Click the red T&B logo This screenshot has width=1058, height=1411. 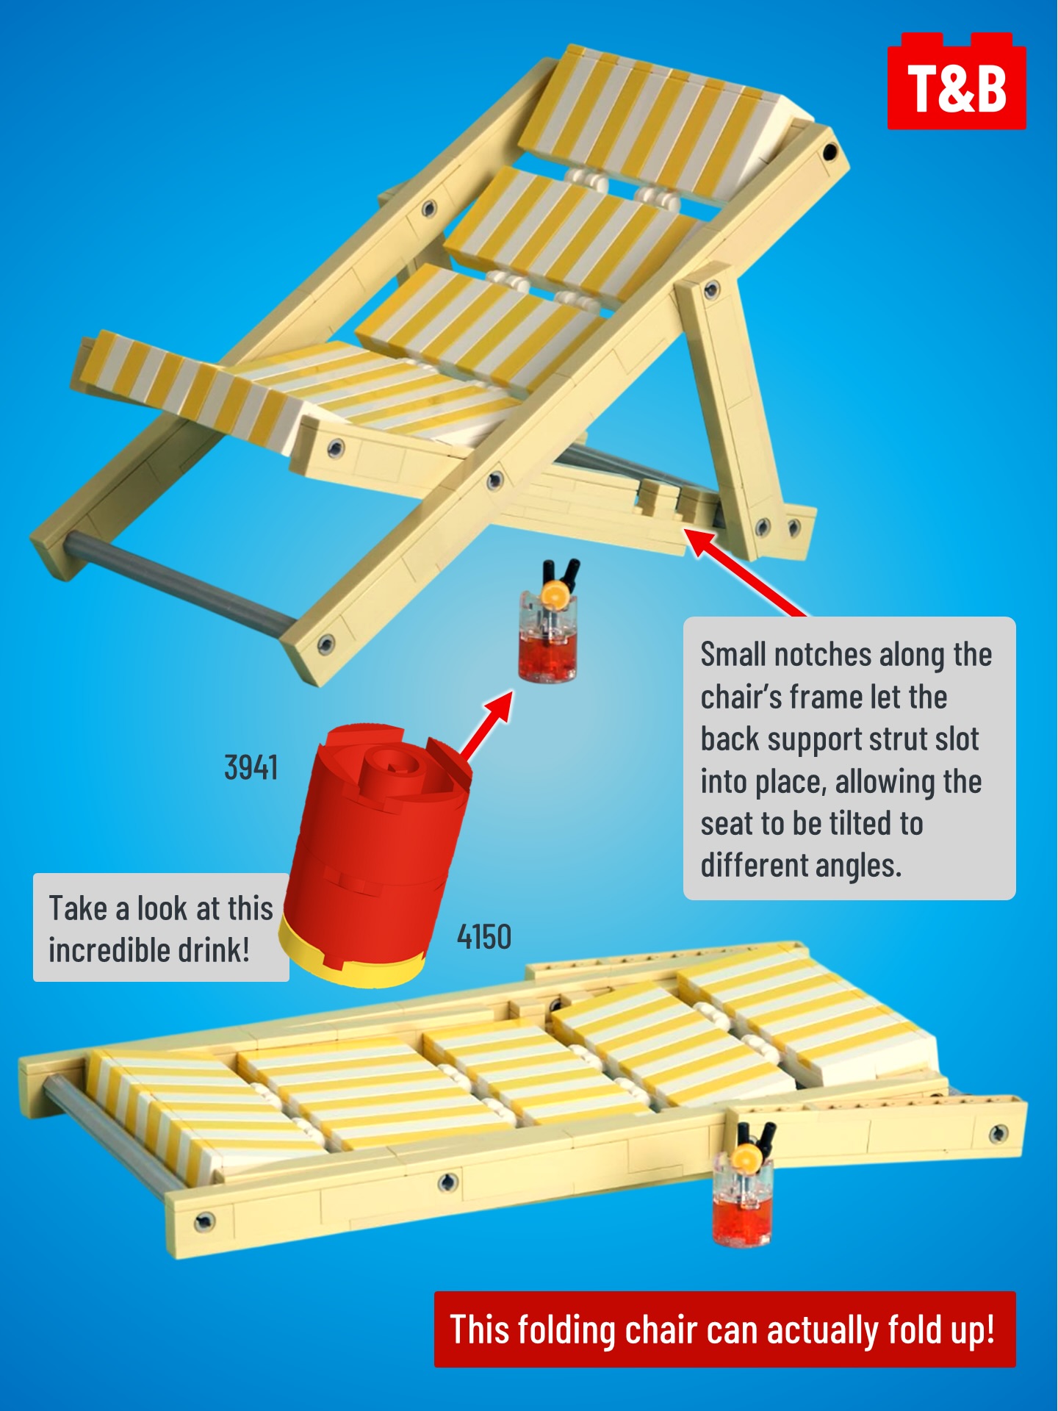tap(957, 81)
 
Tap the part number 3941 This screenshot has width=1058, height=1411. tap(251, 768)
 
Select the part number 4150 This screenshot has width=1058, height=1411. tap(484, 937)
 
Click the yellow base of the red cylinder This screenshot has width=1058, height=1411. tap(350, 955)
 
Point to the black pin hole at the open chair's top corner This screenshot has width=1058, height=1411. tap(830, 152)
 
